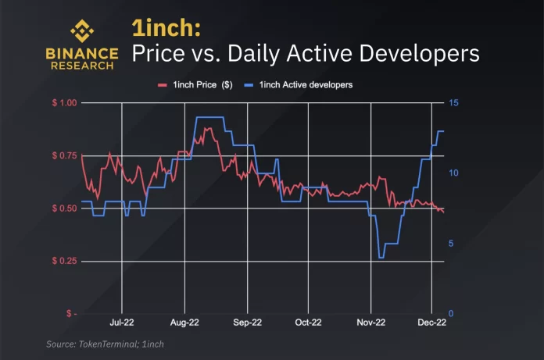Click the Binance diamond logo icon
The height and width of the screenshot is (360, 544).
pos(83,31)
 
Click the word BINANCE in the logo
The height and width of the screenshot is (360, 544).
pos(82,54)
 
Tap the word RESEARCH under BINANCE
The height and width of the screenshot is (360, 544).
pos(82,66)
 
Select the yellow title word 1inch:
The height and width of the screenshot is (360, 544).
pos(166,29)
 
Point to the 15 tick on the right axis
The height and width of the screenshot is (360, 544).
pos(453,103)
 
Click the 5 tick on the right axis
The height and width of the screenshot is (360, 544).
pos(451,244)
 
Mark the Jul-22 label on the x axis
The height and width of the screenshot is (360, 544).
pos(121,322)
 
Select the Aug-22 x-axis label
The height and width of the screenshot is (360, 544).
pos(184,322)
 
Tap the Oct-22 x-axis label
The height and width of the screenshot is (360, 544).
pos(308,322)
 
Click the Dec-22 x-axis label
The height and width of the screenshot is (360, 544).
pos(431,322)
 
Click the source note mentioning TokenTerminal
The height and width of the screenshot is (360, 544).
pos(105,344)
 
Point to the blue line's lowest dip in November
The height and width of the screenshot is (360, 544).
pos(381,257)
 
